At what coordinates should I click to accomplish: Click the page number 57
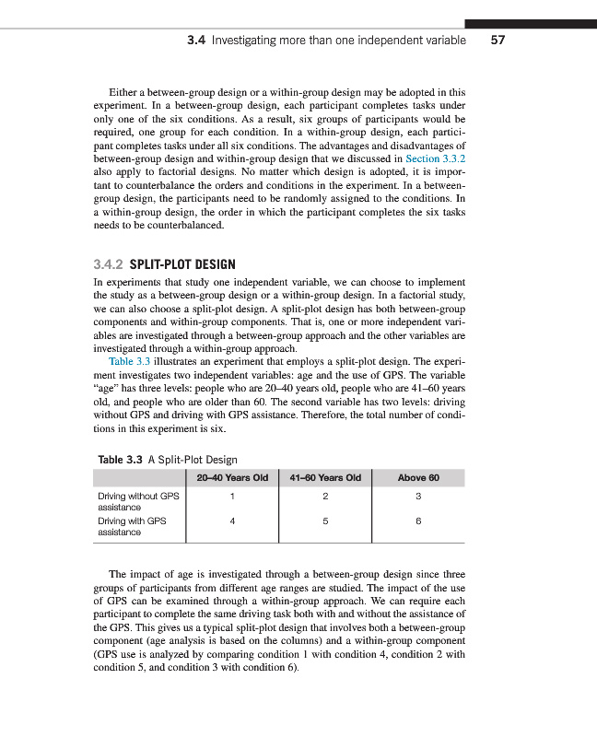click(x=498, y=41)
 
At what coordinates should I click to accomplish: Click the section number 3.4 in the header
click(x=195, y=41)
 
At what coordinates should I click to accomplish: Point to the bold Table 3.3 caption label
click(x=120, y=460)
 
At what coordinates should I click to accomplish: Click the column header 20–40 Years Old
click(x=232, y=477)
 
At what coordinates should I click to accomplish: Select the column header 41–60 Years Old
click(x=324, y=477)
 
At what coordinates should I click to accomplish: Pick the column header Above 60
click(x=418, y=477)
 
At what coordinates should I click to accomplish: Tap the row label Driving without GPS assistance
click(x=137, y=501)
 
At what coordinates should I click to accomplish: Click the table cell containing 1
click(x=232, y=497)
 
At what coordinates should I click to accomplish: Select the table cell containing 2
click(x=325, y=497)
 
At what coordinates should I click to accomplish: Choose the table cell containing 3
click(x=418, y=497)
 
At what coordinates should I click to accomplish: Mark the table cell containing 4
click(x=232, y=521)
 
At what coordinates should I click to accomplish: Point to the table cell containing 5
click(x=325, y=521)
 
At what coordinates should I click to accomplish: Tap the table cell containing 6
click(x=418, y=521)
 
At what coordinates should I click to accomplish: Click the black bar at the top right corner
click(x=531, y=23)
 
